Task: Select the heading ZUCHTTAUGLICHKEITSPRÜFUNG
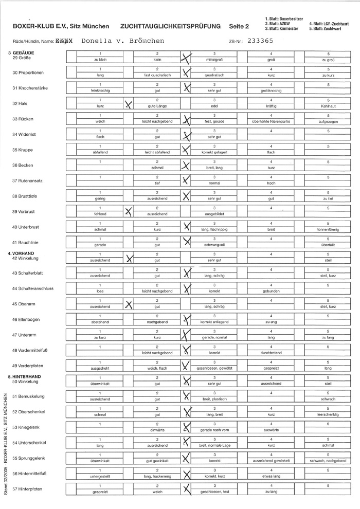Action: (170, 26)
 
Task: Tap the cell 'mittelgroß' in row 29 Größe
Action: (214, 60)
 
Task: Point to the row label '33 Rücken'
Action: (23, 119)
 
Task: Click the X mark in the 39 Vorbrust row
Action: (129, 211)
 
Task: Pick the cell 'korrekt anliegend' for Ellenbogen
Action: (214, 321)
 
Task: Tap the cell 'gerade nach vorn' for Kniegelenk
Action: (214, 429)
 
